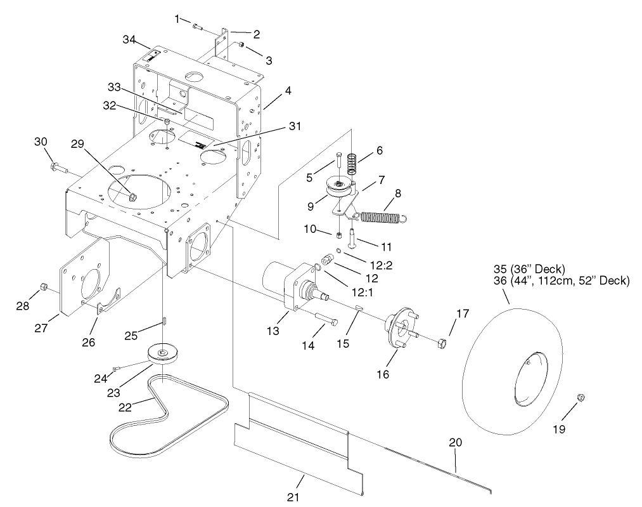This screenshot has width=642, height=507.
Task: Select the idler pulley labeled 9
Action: pyautogui.click(x=335, y=188)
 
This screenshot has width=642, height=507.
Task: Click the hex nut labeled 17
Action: pyautogui.click(x=442, y=343)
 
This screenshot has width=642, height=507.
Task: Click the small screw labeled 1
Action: pyautogui.click(x=196, y=27)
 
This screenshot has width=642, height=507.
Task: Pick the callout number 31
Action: pyautogui.click(x=294, y=127)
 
